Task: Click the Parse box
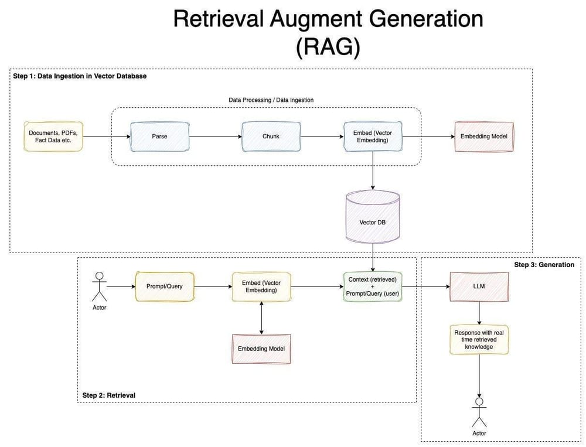point(159,137)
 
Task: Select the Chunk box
point(271,137)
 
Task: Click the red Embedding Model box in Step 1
point(483,137)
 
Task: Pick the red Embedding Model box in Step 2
point(261,349)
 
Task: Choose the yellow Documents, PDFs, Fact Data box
point(53,137)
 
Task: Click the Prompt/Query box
point(165,286)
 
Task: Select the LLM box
point(479,286)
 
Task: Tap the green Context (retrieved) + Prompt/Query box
point(373,286)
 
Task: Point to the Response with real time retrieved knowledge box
point(479,340)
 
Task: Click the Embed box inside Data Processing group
point(372,137)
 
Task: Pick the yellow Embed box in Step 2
point(261,286)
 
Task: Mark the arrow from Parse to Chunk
point(215,137)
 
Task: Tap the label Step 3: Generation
point(544,265)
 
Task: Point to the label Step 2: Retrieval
point(109,395)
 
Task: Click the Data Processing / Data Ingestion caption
point(271,100)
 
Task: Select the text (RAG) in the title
point(328,46)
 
